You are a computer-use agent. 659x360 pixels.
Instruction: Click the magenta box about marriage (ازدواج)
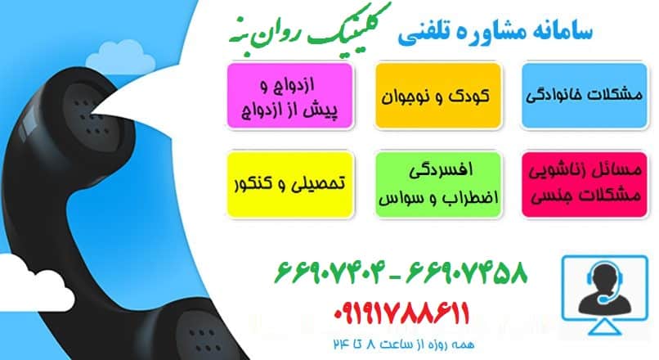coord(292,96)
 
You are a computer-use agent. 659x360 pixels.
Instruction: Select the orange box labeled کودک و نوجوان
coord(437,96)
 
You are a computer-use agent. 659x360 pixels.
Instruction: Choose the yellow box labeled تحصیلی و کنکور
coord(292,183)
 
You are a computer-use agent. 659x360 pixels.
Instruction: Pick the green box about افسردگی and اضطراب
coord(437,183)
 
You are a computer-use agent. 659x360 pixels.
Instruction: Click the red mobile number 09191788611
coord(402,313)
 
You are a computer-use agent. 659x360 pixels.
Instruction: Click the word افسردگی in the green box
coord(437,170)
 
